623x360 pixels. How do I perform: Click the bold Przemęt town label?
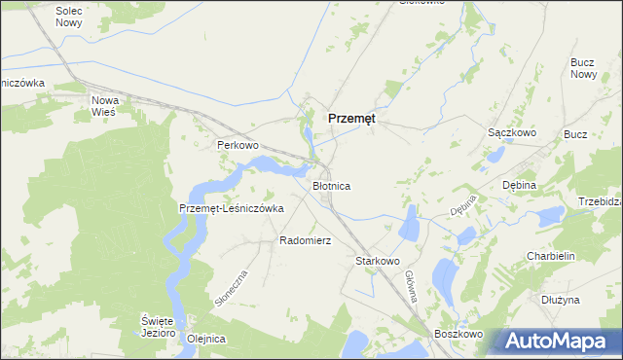click(x=352, y=118)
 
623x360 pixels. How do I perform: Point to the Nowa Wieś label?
click(x=103, y=106)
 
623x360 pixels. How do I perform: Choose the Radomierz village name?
click(x=306, y=239)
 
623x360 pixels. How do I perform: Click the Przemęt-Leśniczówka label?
click(x=232, y=208)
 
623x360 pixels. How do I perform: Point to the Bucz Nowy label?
click(x=583, y=68)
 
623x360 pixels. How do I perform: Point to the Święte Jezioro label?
click(x=157, y=327)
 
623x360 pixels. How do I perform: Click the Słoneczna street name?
click(x=231, y=288)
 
